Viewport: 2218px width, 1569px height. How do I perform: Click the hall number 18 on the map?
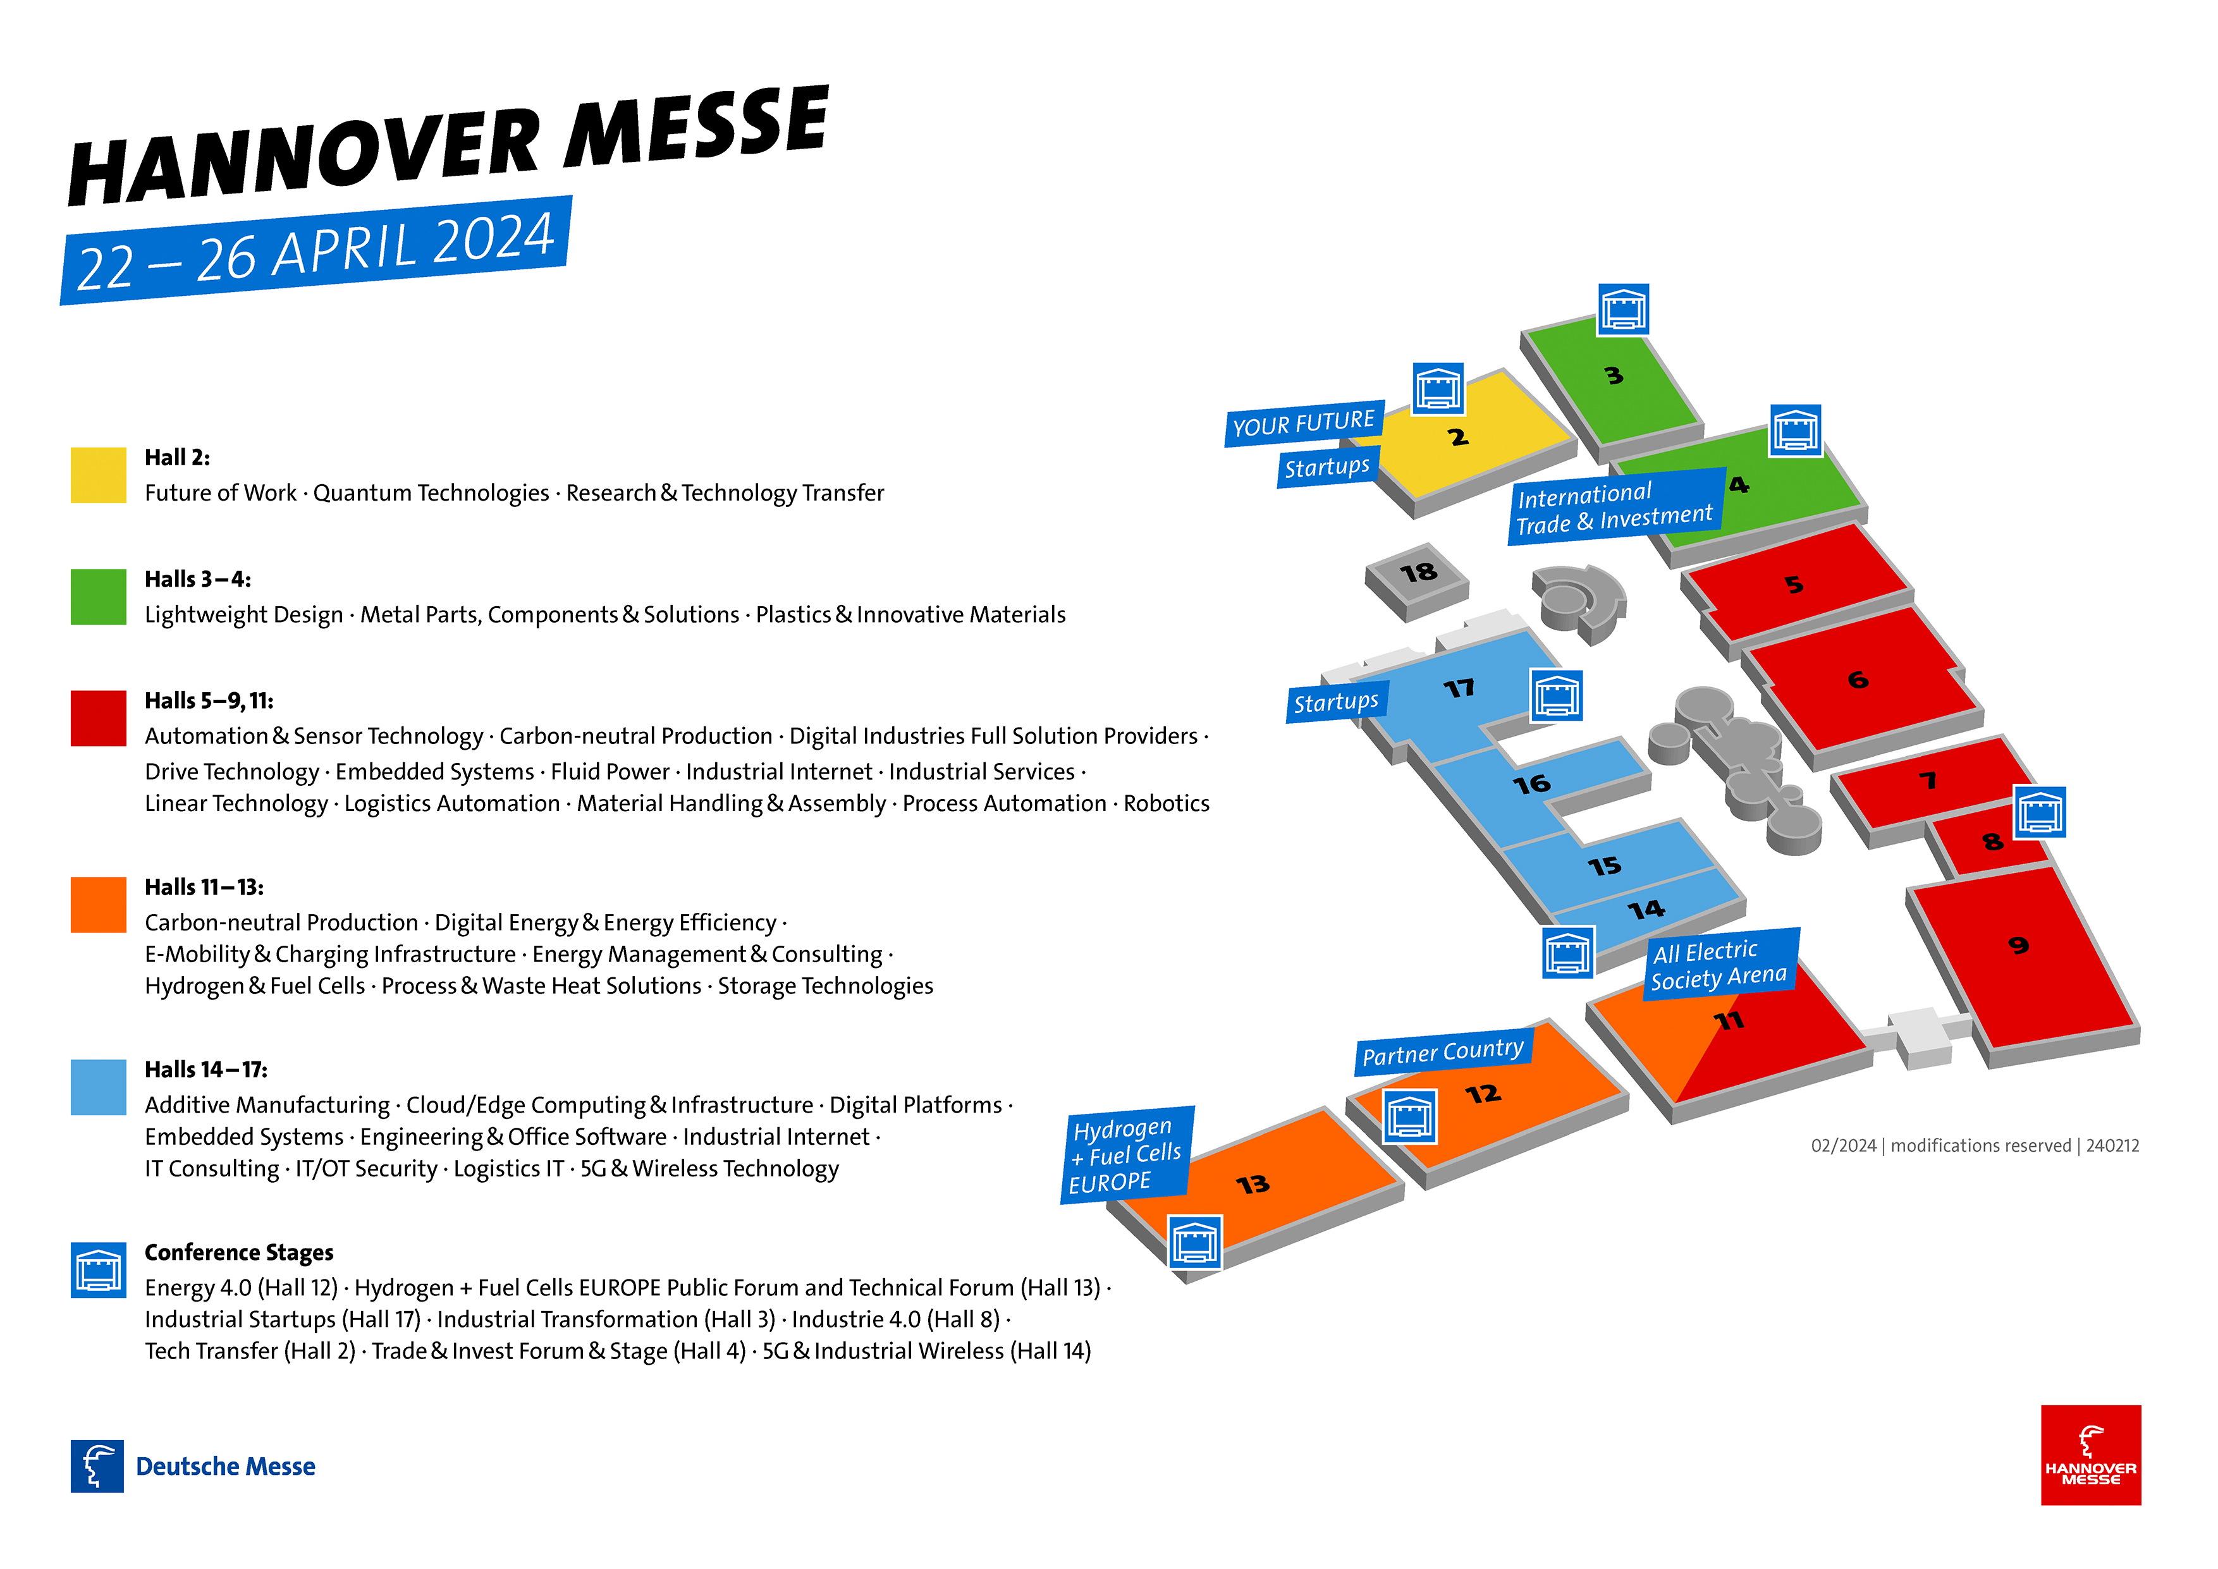point(1418,573)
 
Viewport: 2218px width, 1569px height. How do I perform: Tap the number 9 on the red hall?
point(2018,945)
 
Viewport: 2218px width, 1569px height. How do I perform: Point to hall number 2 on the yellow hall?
point(1458,437)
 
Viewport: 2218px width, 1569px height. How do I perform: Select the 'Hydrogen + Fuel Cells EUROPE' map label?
point(1127,1156)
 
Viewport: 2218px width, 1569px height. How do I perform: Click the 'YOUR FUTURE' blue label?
point(1304,423)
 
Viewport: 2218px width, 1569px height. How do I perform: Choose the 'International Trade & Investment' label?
point(1616,507)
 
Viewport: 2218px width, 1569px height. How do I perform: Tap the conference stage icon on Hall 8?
point(2039,812)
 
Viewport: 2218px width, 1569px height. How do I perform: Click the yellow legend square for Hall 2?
point(99,475)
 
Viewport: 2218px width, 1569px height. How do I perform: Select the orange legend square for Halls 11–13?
point(99,905)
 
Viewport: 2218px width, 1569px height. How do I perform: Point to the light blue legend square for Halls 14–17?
point(99,1088)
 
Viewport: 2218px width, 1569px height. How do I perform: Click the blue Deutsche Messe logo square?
point(97,1467)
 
